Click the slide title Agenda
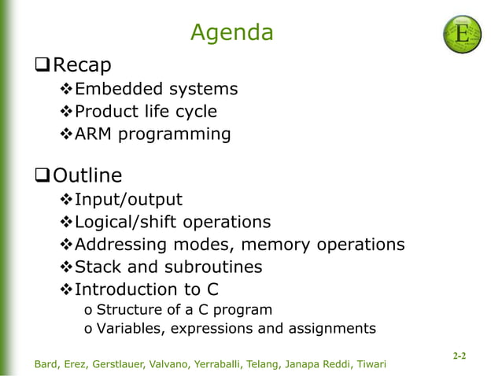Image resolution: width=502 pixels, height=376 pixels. point(232,33)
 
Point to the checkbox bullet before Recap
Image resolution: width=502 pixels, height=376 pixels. point(43,64)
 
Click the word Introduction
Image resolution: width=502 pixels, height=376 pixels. point(126,290)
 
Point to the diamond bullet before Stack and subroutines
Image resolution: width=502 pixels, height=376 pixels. point(66,267)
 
